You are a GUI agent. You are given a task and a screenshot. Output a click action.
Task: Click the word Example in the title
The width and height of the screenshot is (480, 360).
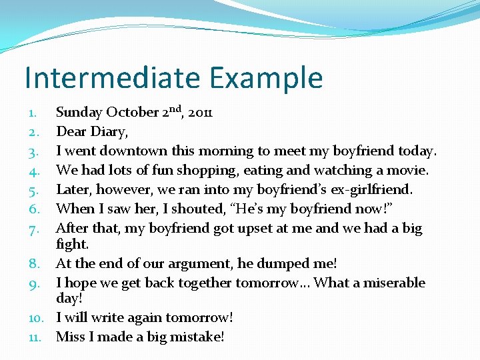[x=266, y=78]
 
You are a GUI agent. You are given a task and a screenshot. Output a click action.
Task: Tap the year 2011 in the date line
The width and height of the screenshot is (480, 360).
[x=200, y=113]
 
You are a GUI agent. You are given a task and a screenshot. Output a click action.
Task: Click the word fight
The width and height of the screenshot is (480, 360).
[x=72, y=244]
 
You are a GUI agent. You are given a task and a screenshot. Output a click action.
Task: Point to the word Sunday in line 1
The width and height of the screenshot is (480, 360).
[x=79, y=113]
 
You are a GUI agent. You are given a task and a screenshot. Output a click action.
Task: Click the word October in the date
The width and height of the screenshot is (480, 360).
[x=133, y=113]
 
